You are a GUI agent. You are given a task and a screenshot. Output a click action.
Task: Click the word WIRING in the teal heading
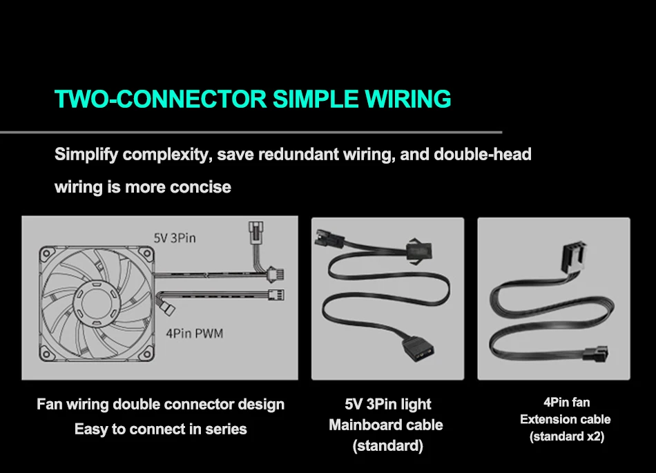[407, 99]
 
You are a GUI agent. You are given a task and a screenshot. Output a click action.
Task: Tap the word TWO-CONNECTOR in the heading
[160, 99]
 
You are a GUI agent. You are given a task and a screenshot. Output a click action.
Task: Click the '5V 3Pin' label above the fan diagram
[174, 238]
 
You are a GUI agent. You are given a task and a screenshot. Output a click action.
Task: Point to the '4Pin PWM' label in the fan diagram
[195, 334]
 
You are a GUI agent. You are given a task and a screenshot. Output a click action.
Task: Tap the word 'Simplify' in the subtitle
[86, 154]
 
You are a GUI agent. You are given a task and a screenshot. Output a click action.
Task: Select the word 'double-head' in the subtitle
[483, 154]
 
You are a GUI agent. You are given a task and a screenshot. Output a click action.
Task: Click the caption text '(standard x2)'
[566, 436]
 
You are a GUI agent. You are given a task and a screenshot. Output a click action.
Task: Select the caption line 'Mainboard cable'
[385, 425]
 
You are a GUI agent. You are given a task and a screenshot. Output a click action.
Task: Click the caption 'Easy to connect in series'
[160, 429]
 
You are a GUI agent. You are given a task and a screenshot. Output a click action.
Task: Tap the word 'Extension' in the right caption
[544, 419]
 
